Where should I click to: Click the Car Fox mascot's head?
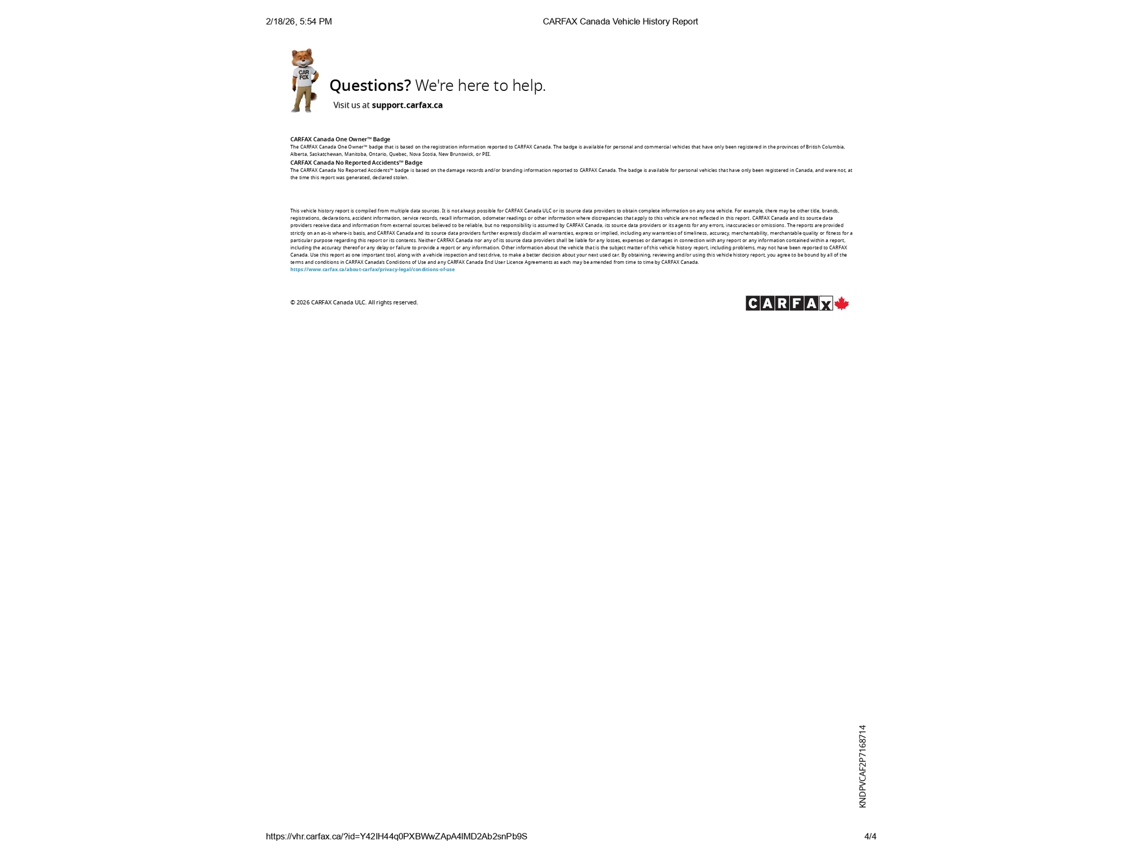coord(302,57)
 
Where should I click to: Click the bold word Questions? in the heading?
coord(370,85)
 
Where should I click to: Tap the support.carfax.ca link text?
coord(407,105)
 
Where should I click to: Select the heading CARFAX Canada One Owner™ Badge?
coord(340,139)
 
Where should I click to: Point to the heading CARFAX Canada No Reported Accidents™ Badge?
coord(356,162)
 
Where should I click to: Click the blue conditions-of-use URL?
coord(372,269)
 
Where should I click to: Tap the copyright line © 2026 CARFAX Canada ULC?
coord(354,302)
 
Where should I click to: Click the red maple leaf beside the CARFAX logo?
coord(842,304)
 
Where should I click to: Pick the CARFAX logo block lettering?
coord(789,304)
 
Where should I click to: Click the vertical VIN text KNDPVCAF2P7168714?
coord(862,766)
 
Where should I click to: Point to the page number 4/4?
coord(870,836)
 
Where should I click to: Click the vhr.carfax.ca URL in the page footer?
coord(396,836)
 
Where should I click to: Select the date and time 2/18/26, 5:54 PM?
coord(299,22)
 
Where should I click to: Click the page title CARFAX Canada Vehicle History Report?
coord(620,22)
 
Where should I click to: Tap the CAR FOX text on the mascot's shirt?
coord(304,75)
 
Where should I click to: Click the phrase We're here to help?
coord(480,85)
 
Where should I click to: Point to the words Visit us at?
coord(351,105)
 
